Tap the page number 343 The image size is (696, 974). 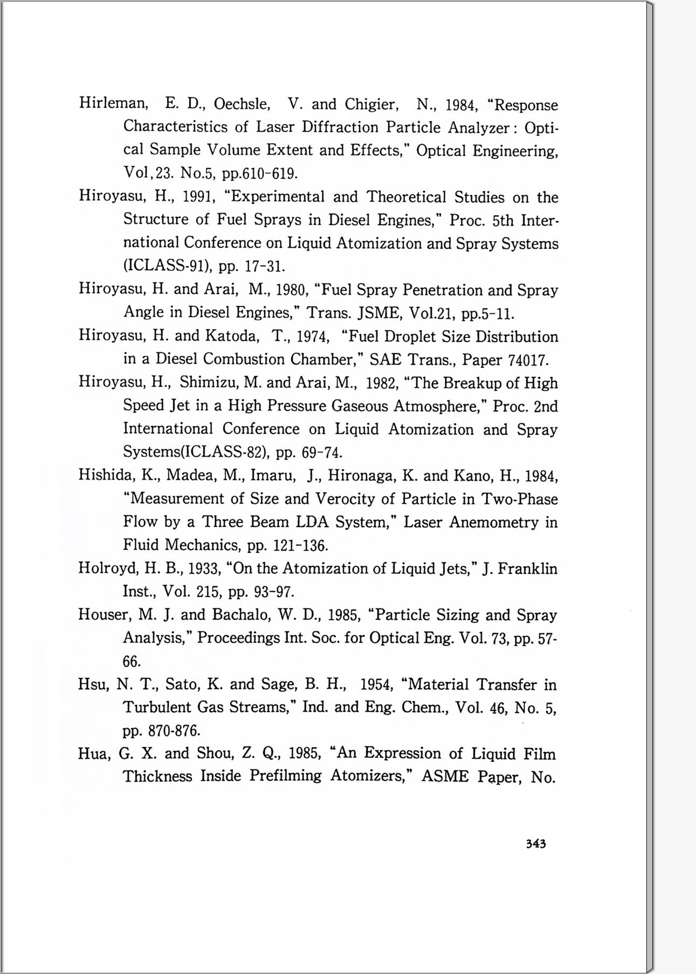click(536, 844)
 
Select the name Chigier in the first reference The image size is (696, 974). click(371, 104)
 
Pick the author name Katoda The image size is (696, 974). click(232, 336)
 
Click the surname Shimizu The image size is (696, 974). click(210, 382)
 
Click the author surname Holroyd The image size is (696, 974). click(107, 568)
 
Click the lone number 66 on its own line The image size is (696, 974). click(132, 662)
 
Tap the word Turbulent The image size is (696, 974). click(157, 707)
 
